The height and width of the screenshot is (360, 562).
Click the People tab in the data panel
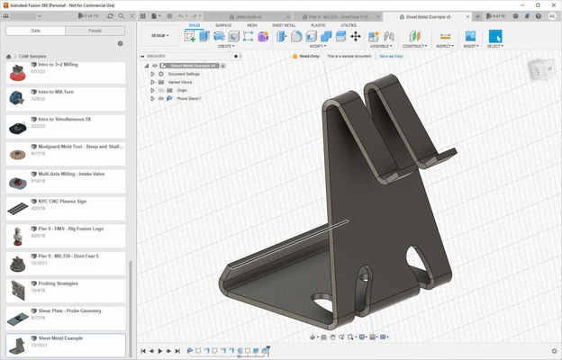pos(95,30)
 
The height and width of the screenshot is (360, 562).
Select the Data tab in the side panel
pos(36,30)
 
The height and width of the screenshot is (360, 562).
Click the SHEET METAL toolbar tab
pos(284,25)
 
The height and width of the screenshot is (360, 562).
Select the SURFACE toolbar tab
pos(223,25)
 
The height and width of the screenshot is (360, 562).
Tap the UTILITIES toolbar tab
pos(348,25)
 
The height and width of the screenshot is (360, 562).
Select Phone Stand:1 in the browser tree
pos(188,98)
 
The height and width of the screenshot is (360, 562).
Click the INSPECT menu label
pos(444,46)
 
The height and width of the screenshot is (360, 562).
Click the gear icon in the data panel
pos(120,43)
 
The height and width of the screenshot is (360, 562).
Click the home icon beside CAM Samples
pos(9,56)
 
